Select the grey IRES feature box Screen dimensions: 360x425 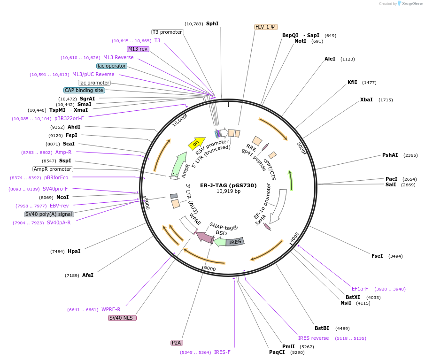(x=235, y=242)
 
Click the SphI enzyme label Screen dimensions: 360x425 (x=212, y=23)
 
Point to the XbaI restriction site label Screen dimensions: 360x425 (x=366, y=100)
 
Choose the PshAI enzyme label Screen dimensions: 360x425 (x=390, y=155)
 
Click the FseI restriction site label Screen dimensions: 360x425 (x=377, y=256)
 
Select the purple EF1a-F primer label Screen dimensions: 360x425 (x=360, y=289)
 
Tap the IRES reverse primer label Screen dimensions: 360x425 (x=313, y=338)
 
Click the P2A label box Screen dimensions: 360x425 (x=176, y=343)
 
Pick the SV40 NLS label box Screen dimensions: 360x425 (x=122, y=318)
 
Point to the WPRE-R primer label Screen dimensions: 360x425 (x=111, y=309)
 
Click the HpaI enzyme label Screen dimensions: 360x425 (x=74, y=251)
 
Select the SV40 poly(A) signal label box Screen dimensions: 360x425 (x=49, y=214)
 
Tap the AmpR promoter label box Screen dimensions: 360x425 (x=52, y=169)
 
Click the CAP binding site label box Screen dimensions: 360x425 (x=84, y=90)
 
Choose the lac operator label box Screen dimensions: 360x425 (x=112, y=66)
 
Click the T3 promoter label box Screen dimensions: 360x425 (x=167, y=32)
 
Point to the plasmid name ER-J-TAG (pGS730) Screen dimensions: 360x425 (x=228, y=185)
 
